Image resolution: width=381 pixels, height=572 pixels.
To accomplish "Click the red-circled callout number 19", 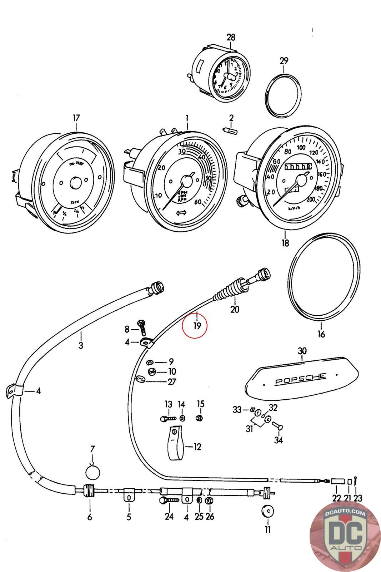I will (195, 325).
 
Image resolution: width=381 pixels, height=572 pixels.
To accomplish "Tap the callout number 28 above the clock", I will (231, 38).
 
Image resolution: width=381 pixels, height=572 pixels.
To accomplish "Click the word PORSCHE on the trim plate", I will (301, 379).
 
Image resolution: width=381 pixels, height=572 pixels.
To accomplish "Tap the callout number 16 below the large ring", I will (321, 334).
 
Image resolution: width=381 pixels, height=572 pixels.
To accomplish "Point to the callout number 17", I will (76, 118).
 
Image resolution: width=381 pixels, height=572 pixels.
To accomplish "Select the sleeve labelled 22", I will (337, 482).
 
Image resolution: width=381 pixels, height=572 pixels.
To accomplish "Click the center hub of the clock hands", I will (228, 76).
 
